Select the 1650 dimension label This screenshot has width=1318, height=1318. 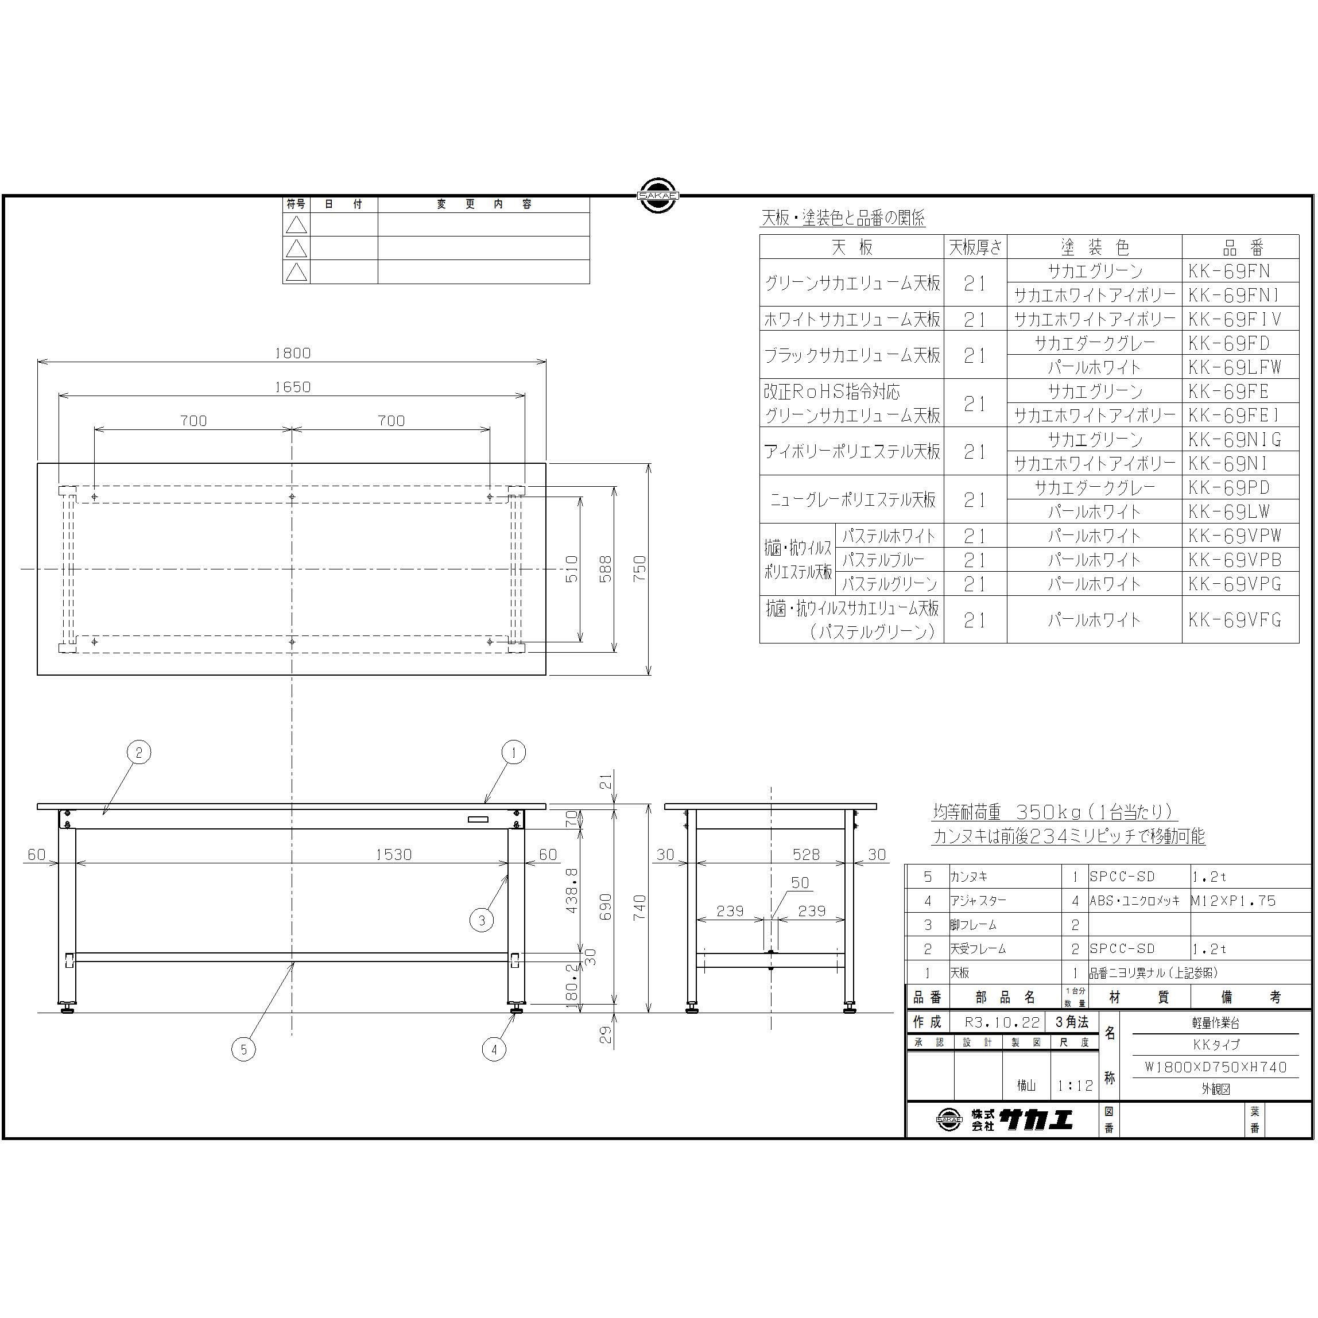tap(292, 387)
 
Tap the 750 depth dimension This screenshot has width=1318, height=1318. tap(639, 569)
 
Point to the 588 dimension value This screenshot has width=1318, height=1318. tap(605, 569)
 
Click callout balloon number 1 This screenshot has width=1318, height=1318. tap(514, 753)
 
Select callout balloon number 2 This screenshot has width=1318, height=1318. tap(138, 753)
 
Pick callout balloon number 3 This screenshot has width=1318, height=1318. tap(482, 920)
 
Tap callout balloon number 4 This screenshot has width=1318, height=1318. tap(494, 1049)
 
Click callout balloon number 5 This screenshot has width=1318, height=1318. tap(243, 1049)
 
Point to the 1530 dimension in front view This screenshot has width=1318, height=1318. tap(394, 855)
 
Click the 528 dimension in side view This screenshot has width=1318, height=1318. tap(806, 855)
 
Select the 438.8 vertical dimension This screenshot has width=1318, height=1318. tap(572, 890)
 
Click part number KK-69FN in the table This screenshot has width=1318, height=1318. tap(1230, 271)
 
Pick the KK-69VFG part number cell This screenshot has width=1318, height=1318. tap(1235, 619)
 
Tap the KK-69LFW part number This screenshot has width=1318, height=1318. tap(1235, 367)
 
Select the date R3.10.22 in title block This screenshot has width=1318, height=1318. tap(1002, 1022)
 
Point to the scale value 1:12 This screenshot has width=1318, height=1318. tap(1075, 1086)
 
